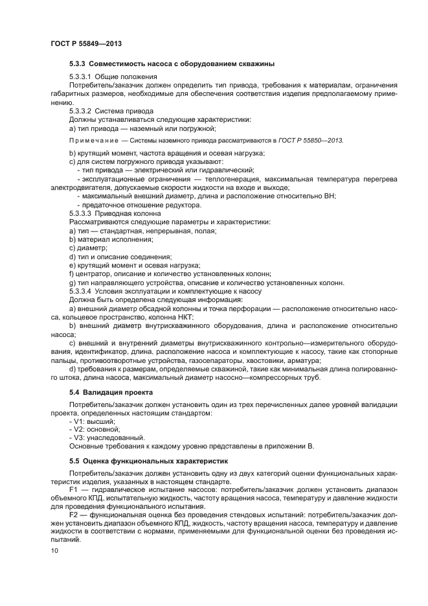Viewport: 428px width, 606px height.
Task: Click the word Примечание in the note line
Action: click(93, 140)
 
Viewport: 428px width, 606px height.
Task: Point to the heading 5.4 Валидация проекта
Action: click(111, 393)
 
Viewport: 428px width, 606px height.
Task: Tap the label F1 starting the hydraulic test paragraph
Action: click(73, 491)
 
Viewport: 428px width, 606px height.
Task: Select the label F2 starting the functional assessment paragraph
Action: click(73, 516)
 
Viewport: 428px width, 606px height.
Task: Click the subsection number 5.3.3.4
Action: click(80, 290)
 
